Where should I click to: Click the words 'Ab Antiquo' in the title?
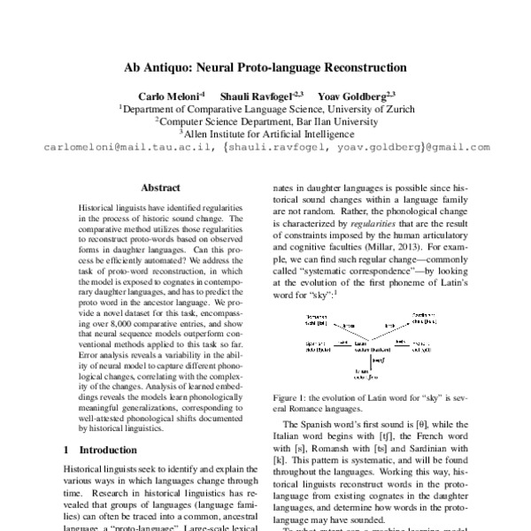click(156, 66)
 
